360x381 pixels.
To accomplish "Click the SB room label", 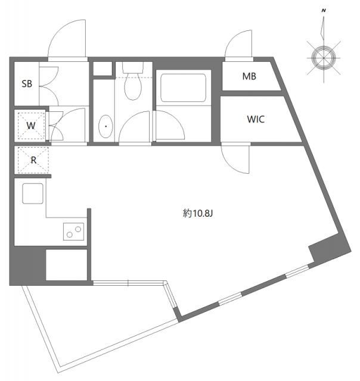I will pos(27,84).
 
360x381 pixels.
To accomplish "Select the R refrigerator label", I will pos(33,160).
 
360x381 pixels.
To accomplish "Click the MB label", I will pos(250,77).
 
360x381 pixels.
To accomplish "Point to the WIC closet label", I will pos(256,119).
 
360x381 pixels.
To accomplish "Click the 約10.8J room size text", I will pos(197,213).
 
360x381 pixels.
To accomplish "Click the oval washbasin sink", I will pos(105,126).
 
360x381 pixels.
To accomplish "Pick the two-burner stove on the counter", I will pos(74,230).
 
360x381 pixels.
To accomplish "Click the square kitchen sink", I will pos(32,193).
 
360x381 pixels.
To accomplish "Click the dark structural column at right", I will pos(327,248).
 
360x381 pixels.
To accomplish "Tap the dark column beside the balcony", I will pos(27,264).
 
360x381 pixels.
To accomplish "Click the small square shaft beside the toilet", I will pos(103,67).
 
